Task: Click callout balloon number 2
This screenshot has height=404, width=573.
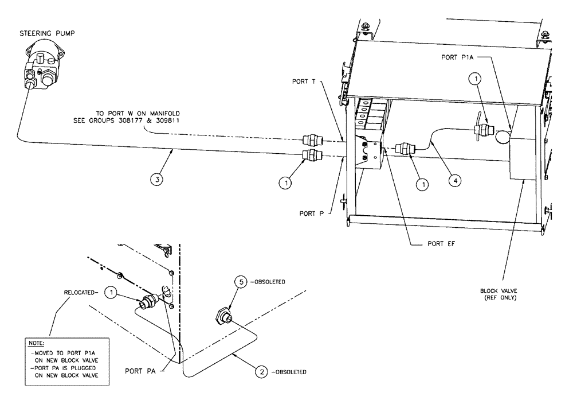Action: tap(261, 371)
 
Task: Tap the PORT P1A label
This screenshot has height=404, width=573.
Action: tap(455, 57)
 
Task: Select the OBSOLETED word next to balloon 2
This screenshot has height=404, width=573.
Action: tap(289, 371)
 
